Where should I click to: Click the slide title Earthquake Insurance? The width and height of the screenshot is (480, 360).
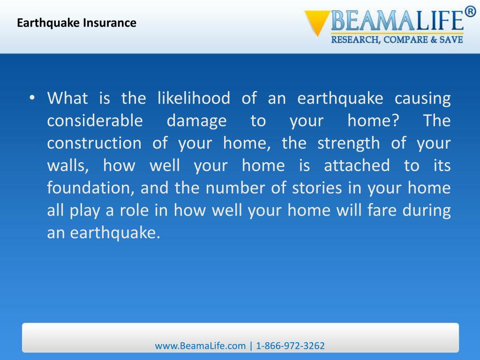click(x=77, y=22)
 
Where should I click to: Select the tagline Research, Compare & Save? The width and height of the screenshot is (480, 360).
click(x=397, y=40)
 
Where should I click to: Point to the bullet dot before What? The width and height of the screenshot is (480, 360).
click(x=32, y=98)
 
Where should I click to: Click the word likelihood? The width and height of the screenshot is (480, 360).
click(x=194, y=99)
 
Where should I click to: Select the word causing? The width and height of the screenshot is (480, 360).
click(x=422, y=99)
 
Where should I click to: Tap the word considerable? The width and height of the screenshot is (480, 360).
click(x=95, y=121)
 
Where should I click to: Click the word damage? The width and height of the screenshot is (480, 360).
click(x=196, y=121)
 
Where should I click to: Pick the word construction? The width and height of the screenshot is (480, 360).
click(x=94, y=143)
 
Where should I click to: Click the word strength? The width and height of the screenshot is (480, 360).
click(x=349, y=143)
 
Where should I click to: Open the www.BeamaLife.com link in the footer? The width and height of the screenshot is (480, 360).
click(x=200, y=346)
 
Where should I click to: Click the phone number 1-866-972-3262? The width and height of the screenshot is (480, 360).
click(x=290, y=346)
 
